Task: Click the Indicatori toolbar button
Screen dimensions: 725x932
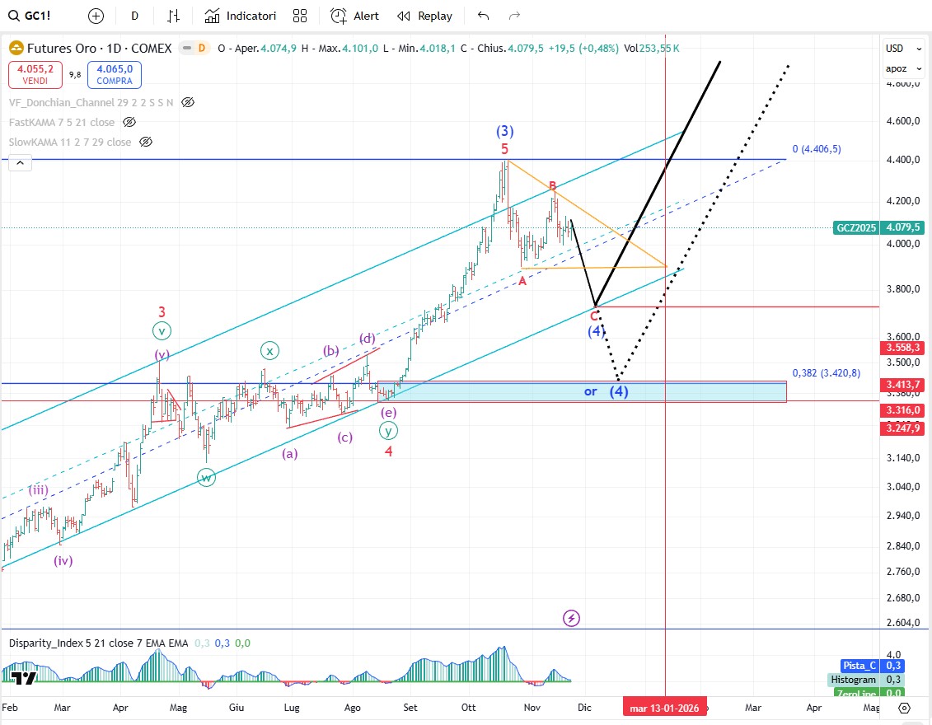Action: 241,16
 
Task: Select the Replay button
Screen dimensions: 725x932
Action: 424,16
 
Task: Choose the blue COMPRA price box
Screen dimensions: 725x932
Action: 115,76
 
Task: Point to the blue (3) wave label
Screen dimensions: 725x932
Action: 505,131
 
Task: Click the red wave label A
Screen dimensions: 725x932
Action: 522,281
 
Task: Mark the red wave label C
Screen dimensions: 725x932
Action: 594,316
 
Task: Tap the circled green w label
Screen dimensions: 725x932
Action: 206,477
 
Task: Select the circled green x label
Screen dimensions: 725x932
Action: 269,350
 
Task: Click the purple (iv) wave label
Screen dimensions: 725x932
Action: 63,561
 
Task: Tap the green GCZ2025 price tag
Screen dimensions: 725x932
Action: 856,227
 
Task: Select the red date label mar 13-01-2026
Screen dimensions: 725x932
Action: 664,708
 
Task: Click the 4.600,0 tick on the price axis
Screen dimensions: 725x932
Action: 902,121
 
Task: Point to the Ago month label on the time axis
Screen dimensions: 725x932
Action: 353,708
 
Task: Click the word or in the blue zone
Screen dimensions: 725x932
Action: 590,391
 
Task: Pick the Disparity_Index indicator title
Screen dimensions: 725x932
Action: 98,643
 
